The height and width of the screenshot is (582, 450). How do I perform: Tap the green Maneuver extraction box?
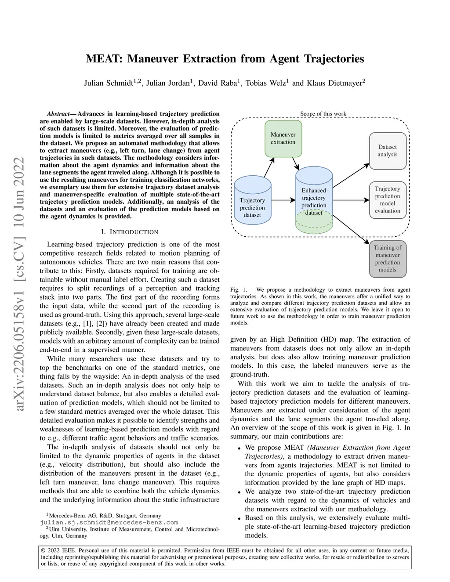coord(283,138)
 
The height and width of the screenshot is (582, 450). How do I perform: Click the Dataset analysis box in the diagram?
coord(387,151)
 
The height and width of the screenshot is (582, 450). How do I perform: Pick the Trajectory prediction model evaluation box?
coord(387,200)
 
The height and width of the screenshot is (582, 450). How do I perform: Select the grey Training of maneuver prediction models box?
coord(387,259)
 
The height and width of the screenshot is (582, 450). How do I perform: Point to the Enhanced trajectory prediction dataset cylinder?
coord(314,200)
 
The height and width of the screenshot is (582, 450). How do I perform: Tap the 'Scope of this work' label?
coord(323,114)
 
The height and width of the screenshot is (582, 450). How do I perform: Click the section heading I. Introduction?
coord(129,231)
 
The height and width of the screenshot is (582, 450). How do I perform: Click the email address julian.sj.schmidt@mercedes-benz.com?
coord(109,522)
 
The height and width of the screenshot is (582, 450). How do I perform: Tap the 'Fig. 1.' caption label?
coord(239,290)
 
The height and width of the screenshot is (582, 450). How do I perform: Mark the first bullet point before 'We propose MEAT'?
coord(239,448)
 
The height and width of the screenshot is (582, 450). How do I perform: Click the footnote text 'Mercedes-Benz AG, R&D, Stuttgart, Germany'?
coord(105,516)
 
